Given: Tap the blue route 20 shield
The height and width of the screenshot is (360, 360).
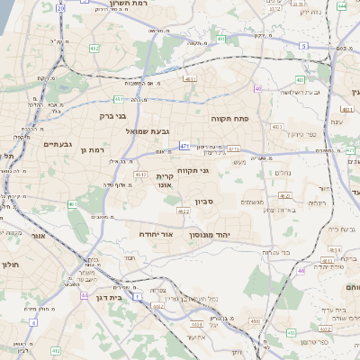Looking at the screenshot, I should pos(60,7).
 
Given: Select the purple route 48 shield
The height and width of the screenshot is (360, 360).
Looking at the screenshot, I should pos(301,270).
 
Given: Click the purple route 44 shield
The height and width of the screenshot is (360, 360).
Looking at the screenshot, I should pos(84,295).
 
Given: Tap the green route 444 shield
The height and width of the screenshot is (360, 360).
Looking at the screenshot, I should pos(342,5).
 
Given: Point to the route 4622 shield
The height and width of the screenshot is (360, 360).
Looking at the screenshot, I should pos(184,211).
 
